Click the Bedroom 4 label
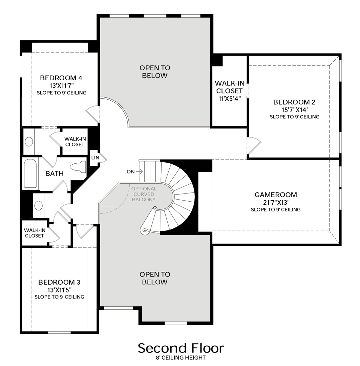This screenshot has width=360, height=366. pyautogui.click(x=61, y=78)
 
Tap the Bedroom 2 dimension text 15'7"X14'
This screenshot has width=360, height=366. pyautogui.click(x=294, y=109)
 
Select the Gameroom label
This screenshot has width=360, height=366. pyautogui.click(x=276, y=195)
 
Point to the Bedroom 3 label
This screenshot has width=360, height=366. pyautogui.click(x=59, y=282)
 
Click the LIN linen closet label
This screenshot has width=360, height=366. pyautogui.click(x=95, y=158)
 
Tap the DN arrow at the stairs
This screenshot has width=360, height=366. pyautogui.click(x=139, y=172)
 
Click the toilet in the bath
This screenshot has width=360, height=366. pyautogui.click(x=78, y=167)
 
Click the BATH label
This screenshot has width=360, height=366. pyautogui.click(x=55, y=174)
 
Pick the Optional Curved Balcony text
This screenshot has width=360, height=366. pyautogui.click(x=144, y=194)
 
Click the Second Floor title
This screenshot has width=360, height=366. pyautogui.click(x=181, y=348)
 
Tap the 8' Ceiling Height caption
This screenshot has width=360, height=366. pyautogui.click(x=181, y=358)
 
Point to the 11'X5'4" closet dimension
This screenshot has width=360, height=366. pyautogui.click(x=230, y=99)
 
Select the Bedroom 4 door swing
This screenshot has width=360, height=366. pyautogui.click(x=93, y=114)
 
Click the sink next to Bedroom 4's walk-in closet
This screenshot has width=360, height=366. pyautogui.click(x=29, y=141)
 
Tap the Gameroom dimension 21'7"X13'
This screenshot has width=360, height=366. pyautogui.click(x=276, y=202)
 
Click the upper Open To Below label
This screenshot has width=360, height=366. pyautogui.click(x=155, y=72)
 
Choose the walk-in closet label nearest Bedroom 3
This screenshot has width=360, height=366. pyautogui.click(x=35, y=233)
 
